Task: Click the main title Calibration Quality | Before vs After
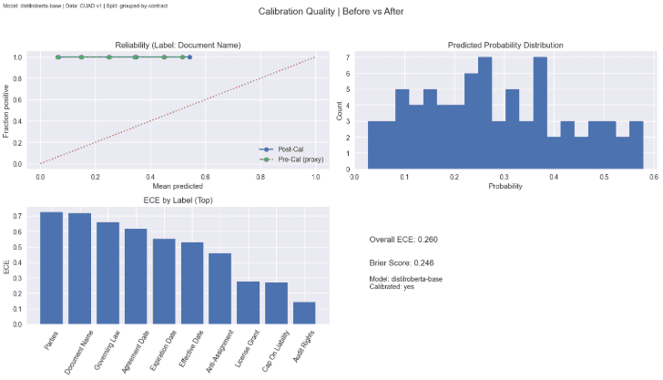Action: (x=331, y=12)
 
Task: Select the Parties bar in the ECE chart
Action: (x=52, y=268)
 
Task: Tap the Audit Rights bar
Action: (x=304, y=313)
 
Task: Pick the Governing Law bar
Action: (x=108, y=273)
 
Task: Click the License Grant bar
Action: (x=248, y=303)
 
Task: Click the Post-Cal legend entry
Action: (x=291, y=149)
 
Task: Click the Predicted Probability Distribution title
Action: (x=505, y=45)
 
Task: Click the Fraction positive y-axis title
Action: (x=7, y=110)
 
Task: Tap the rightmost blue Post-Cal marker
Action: (x=189, y=57)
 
